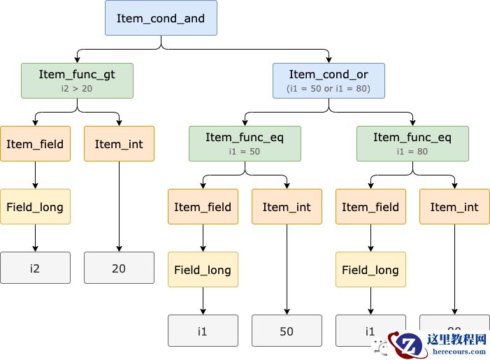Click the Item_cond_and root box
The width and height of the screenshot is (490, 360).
[161, 18]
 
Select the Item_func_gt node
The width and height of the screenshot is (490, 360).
[77, 80]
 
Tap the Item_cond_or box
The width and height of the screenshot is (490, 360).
[329, 80]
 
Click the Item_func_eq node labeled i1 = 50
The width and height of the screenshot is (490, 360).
[245, 143]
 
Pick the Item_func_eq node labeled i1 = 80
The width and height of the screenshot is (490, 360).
[412, 143]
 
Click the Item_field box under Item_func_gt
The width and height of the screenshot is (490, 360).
[35, 144]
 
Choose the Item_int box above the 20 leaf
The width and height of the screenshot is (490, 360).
[119, 144]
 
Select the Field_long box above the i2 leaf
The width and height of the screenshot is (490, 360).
[35, 207]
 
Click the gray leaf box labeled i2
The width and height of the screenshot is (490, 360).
[35, 268]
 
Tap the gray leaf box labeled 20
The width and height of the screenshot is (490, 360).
[119, 268]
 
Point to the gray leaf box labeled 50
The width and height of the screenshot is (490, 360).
[287, 331]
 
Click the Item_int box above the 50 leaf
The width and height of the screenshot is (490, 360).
[287, 207]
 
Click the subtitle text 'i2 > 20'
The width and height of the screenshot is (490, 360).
[77, 89]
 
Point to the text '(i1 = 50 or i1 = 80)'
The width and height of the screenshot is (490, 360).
[329, 89]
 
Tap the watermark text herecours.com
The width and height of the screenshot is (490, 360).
[459, 352]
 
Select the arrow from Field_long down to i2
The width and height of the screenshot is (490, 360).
[35, 238]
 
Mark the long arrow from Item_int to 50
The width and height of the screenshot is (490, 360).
[287, 269]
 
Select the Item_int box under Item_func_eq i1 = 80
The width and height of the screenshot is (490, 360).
[454, 207]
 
